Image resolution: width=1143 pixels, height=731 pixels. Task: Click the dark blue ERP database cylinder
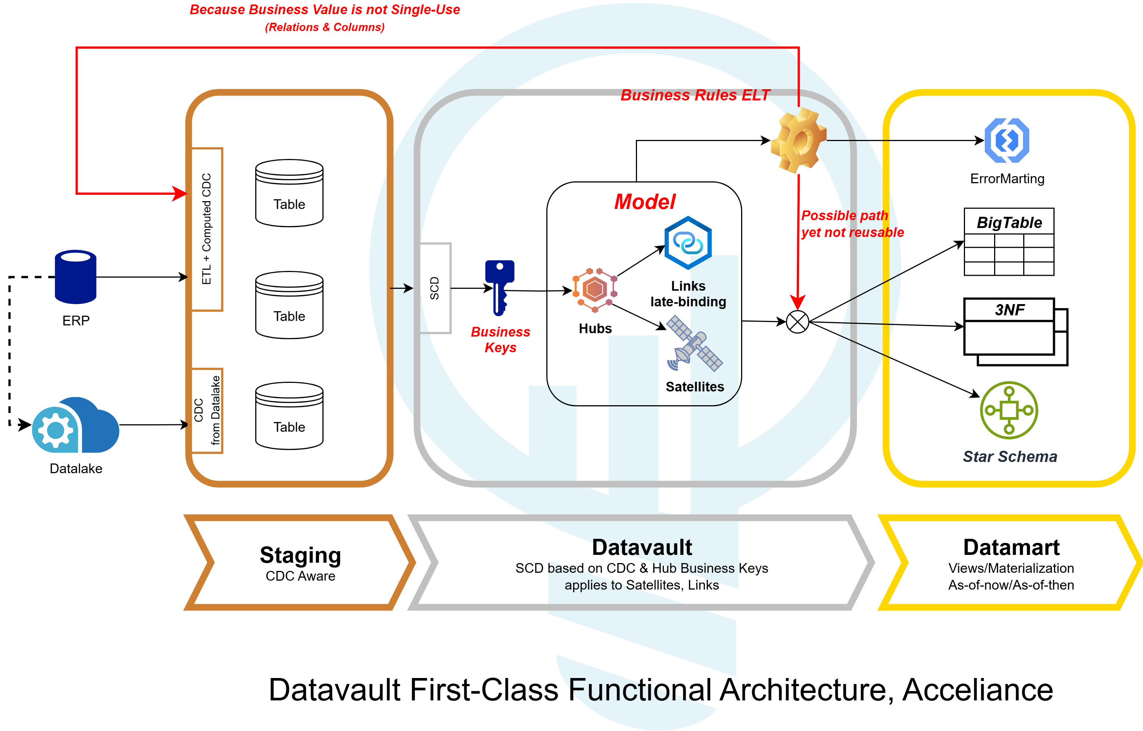pos(75,277)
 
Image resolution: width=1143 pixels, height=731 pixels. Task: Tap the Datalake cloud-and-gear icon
pos(75,425)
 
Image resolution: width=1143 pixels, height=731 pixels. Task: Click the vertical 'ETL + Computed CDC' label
pos(206,229)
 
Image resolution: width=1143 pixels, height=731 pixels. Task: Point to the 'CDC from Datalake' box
pos(207,410)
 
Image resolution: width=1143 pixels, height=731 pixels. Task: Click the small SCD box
pos(435,288)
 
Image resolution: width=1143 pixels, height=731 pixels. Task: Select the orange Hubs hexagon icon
pos(595,290)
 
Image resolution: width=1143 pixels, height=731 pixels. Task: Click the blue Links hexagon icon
pos(688,243)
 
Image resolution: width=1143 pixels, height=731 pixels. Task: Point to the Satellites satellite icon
pos(694,344)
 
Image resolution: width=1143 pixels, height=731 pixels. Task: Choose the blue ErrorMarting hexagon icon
pos(1007,141)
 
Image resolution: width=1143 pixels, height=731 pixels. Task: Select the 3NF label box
pos(1009,310)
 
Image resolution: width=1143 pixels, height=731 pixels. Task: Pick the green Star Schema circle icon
pos(1009,410)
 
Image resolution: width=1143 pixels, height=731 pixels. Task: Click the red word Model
pos(644,202)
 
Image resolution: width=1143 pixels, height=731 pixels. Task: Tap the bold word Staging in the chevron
pos(300,555)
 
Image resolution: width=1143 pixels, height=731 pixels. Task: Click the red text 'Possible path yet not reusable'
pos(852,224)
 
